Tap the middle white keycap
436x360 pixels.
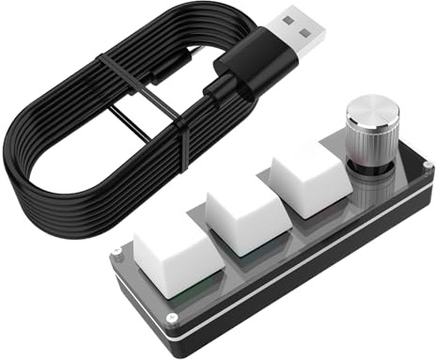click(246, 207)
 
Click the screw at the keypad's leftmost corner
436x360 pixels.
click(115, 253)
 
